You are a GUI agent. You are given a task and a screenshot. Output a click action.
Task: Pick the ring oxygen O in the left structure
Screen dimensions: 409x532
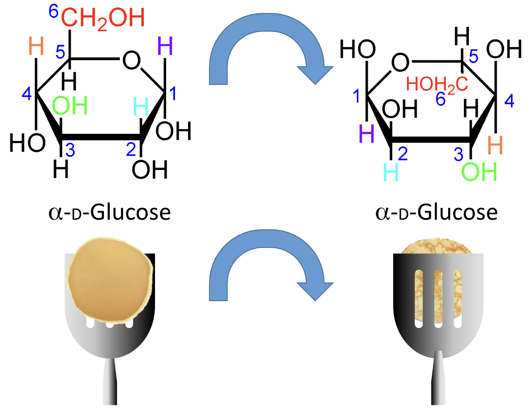tap(131, 61)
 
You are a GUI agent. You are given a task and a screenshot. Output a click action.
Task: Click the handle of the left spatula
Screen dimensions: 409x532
tap(110, 383)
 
